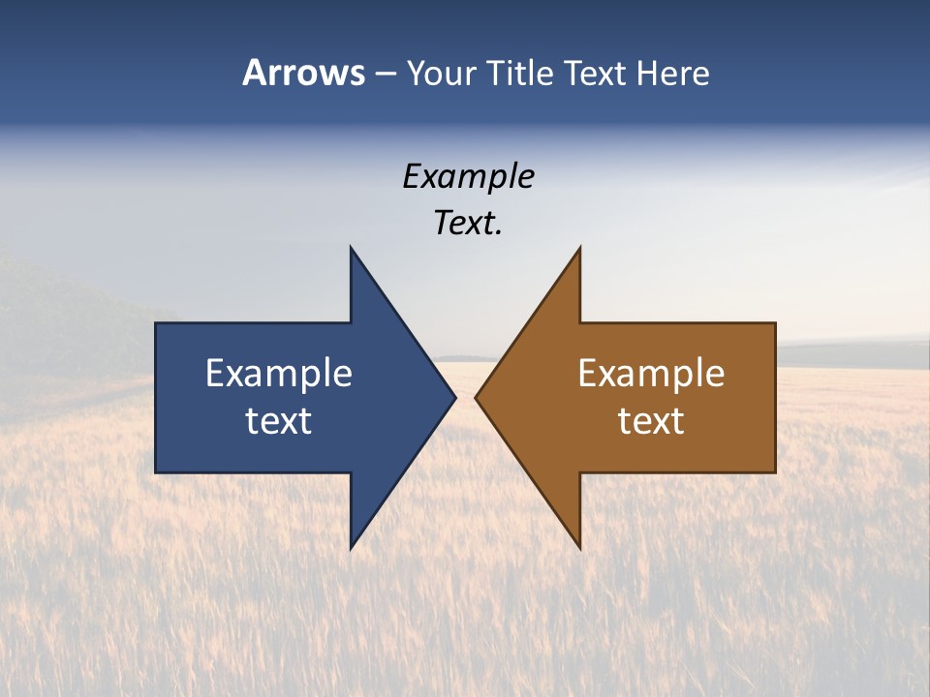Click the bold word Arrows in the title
[303, 73]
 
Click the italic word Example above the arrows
[468, 176]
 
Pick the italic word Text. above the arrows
[468, 224]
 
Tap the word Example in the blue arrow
[279, 373]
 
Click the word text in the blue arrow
[279, 420]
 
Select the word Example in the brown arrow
[651, 373]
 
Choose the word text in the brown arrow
[651, 420]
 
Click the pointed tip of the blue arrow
[455, 397]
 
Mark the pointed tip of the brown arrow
[476, 397]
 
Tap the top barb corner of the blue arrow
[351, 247]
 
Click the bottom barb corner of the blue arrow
[351, 549]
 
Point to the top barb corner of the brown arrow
[580, 247]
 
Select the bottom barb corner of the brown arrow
[580, 549]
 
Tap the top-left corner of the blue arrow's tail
[156, 323]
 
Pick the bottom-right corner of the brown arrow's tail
[775, 471]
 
